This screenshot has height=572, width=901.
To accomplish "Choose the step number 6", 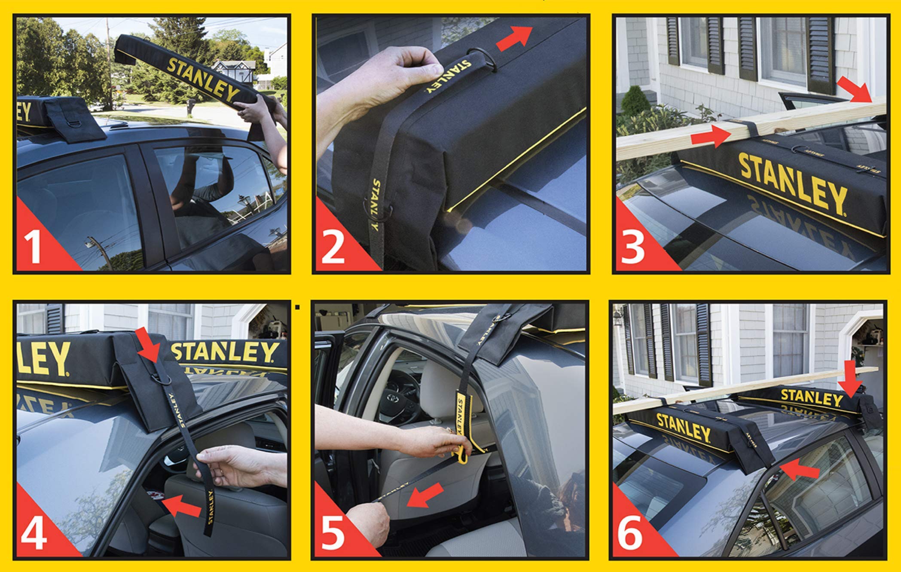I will pyautogui.click(x=630, y=533).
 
